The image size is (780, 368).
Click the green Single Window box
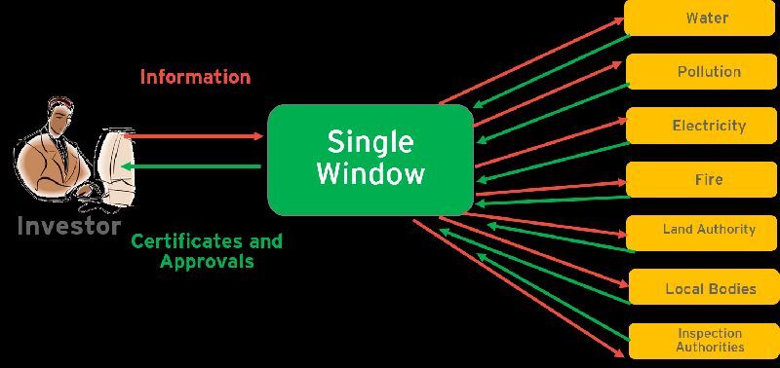click(x=370, y=159)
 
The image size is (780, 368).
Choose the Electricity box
click(x=699, y=126)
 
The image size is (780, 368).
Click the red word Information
click(x=195, y=76)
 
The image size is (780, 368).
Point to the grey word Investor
click(x=68, y=227)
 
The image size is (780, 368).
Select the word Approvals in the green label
click(x=206, y=261)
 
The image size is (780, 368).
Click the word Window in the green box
click(x=370, y=174)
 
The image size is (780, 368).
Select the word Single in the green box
click(x=370, y=142)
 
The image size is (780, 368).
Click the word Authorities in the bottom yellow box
click(x=711, y=347)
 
